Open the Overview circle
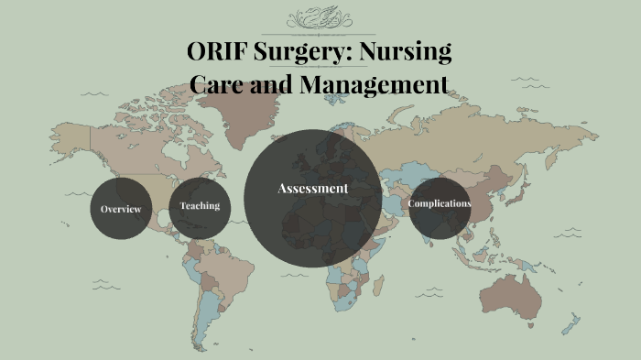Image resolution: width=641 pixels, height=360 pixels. coord(121,209)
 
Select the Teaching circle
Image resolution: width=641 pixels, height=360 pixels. coord(200,206)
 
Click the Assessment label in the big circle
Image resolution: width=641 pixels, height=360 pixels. coord(313,188)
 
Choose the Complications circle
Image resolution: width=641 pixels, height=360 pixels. coord(440,203)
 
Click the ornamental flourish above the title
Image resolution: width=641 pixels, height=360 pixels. coord(320,18)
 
